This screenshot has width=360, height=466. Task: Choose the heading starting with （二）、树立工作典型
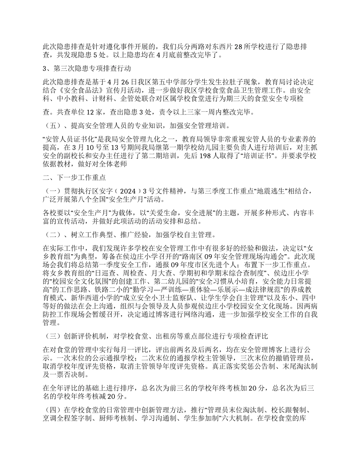(129, 235)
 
